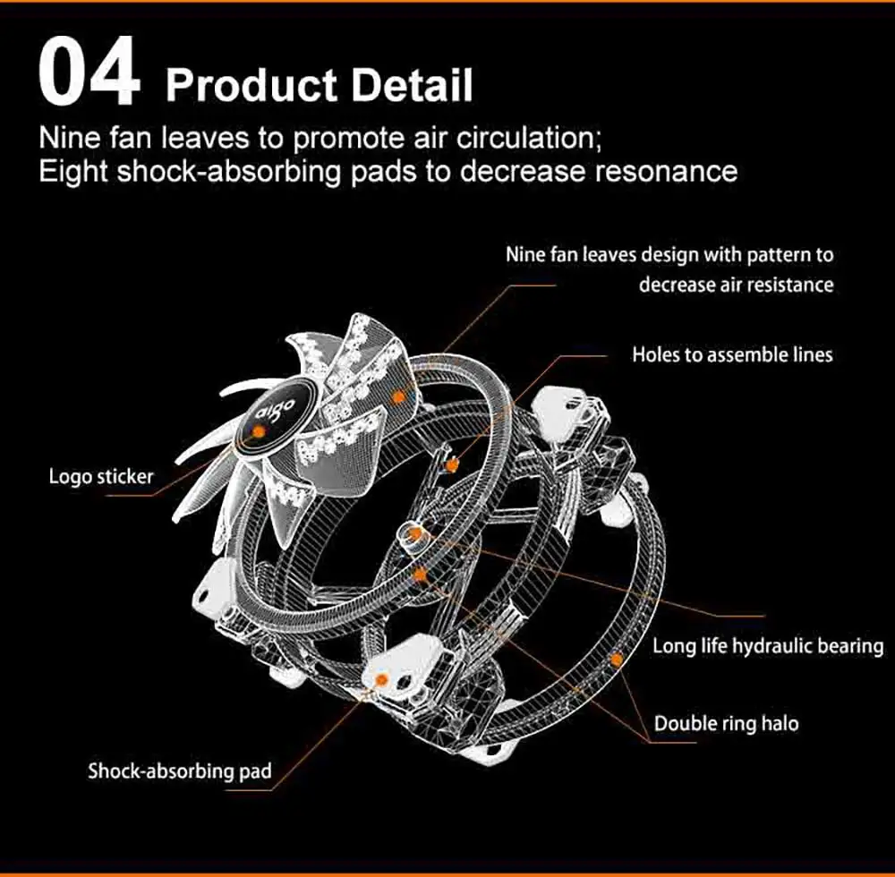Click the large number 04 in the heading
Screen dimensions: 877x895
[89, 73]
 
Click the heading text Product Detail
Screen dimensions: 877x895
[319, 86]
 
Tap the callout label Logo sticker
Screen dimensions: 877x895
[101, 476]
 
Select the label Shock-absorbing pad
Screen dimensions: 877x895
[179, 771]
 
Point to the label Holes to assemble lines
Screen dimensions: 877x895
[732, 354]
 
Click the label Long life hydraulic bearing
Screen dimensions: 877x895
[768, 645]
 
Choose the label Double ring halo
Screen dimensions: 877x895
[727, 723]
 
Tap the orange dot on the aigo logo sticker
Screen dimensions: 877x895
[258, 431]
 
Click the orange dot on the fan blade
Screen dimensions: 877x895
[399, 394]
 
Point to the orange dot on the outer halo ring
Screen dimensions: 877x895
[616, 660]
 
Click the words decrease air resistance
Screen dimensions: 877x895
[736, 285]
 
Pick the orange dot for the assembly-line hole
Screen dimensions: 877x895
[454, 464]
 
